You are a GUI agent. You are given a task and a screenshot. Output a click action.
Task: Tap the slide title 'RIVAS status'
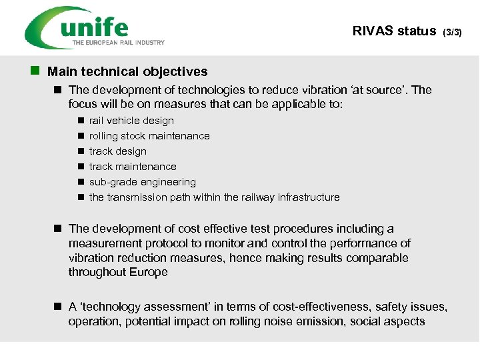(x=394, y=31)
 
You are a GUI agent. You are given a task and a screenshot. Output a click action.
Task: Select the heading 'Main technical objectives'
(x=127, y=71)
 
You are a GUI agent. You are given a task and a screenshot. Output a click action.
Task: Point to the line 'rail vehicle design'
(x=131, y=121)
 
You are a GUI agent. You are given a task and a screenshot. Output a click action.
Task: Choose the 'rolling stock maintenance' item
(x=149, y=136)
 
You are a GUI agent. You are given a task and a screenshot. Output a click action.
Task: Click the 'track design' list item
(x=117, y=151)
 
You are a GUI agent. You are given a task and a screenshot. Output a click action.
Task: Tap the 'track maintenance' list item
(x=133, y=167)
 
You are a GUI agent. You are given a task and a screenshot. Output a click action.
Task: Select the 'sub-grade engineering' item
(x=143, y=182)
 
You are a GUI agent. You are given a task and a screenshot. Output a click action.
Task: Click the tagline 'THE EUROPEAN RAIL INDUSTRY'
(x=119, y=43)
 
